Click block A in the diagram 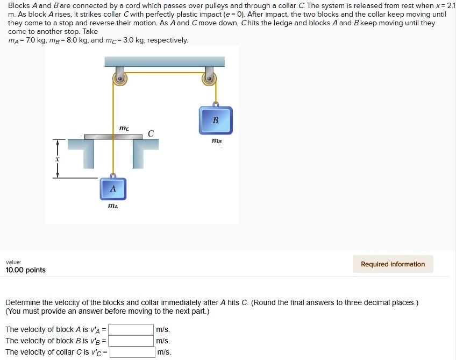click(112, 188)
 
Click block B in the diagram click(216, 119)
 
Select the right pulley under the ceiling click(209, 79)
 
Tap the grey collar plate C click(113, 137)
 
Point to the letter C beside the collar click(151, 133)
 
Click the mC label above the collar click(124, 128)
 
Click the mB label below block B click(216, 141)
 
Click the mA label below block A click(113, 206)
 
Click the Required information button click(393, 264)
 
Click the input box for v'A click(131, 329)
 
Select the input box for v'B click(131, 341)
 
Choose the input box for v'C click(132, 352)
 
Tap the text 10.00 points click(26, 270)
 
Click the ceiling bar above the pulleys click(164, 61)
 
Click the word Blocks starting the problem click(19, 6)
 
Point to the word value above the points click(13, 262)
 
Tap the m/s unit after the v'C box click(164, 352)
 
